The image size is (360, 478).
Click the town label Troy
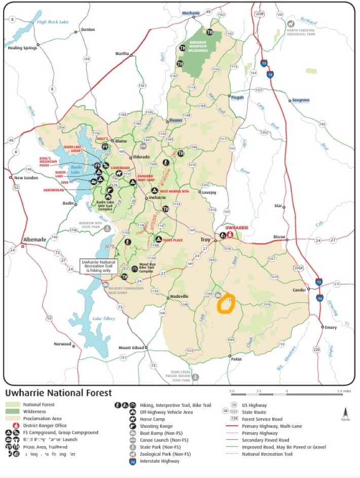click(x=204, y=239)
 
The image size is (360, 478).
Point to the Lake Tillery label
click(x=103, y=318)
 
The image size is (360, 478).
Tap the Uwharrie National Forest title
click(x=58, y=393)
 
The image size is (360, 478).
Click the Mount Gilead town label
click(x=132, y=348)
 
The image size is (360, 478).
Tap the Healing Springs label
click(x=21, y=48)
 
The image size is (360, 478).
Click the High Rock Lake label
click(x=52, y=22)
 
